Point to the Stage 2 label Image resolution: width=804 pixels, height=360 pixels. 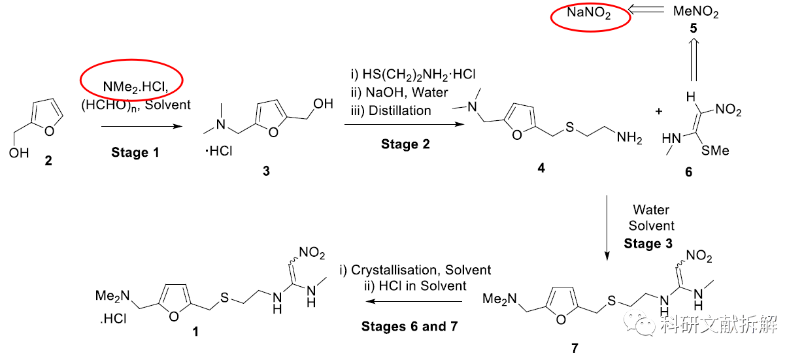405,144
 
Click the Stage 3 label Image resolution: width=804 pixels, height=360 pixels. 648,244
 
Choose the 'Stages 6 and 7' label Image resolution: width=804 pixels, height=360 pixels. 409,326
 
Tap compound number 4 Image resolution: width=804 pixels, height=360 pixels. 541,168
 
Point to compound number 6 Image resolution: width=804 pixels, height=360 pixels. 688,172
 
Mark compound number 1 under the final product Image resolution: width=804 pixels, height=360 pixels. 195,332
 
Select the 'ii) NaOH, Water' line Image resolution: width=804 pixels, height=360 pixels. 399,93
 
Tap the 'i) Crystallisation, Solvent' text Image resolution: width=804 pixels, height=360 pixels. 415,270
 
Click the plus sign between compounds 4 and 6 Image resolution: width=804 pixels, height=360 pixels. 658,112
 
